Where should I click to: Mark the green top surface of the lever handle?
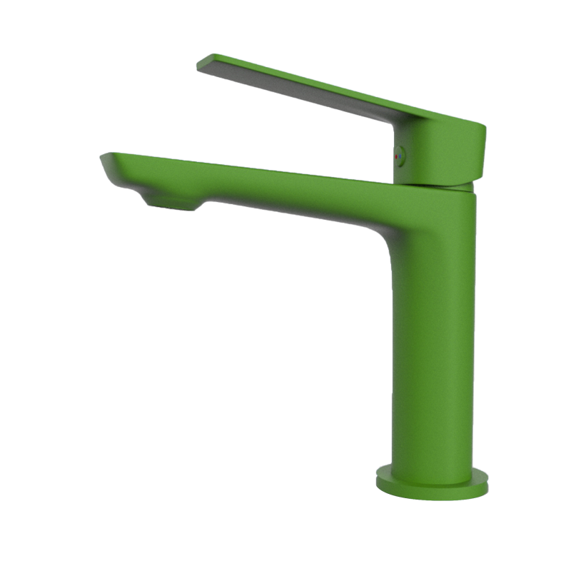(321, 86)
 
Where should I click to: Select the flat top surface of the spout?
(250, 168)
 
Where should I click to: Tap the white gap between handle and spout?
(300, 136)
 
